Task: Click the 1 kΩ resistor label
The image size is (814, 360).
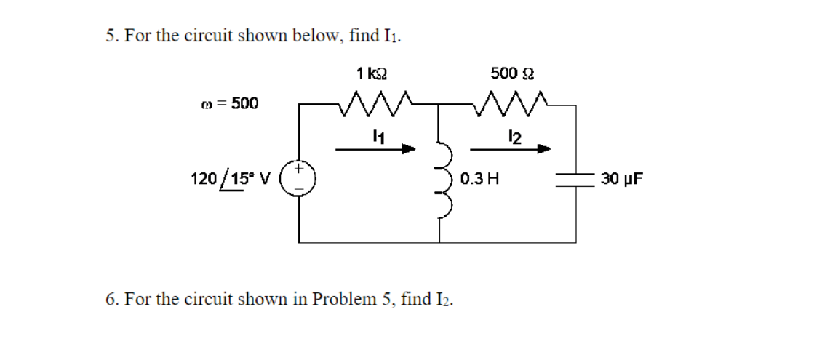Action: pos(372,73)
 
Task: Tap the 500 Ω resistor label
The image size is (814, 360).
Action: pos(513,73)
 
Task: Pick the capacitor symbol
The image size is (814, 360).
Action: pos(576,178)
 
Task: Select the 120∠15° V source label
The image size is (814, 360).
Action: pos(229,178)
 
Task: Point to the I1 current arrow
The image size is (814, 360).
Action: pos(375,149)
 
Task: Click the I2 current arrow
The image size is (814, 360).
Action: pos(510,149)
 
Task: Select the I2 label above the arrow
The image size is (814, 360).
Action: pos(514,135)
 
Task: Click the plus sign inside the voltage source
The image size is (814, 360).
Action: pos(300,169)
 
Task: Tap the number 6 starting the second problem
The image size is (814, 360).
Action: pos(110,299)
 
